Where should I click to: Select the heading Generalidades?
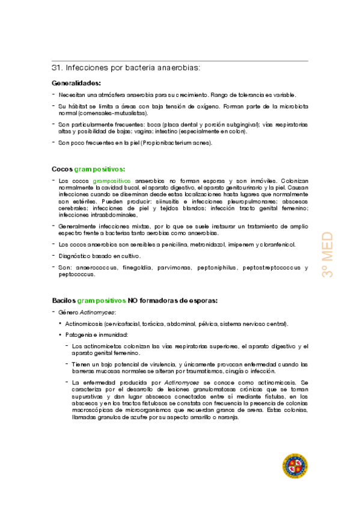coord(76,83)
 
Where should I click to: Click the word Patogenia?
coord(82,334)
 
